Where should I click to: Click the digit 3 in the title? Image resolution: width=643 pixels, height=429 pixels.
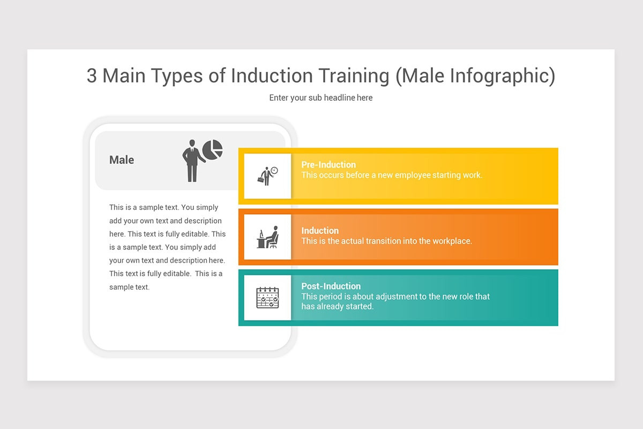click(92, 76)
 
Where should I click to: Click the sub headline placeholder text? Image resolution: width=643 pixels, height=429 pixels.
click(321, 98)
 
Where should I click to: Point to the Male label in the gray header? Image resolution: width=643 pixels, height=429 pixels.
click(122, 160)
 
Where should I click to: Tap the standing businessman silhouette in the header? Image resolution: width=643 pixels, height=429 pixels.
click(192, 161)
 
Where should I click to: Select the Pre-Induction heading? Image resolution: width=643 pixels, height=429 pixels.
click(328, 165)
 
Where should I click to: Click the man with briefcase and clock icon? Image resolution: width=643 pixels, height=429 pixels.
click(267, 176)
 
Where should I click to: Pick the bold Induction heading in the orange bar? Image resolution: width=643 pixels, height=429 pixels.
click(320, 231)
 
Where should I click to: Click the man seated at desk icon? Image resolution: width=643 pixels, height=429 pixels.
click(267, 237)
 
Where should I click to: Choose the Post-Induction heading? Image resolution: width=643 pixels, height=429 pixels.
click(331, 286)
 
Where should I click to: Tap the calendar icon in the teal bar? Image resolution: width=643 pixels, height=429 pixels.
click(267, 298)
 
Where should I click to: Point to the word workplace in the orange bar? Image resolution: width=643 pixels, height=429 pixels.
click(451, 241)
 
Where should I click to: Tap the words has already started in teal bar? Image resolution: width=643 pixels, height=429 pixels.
click(337, 306)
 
